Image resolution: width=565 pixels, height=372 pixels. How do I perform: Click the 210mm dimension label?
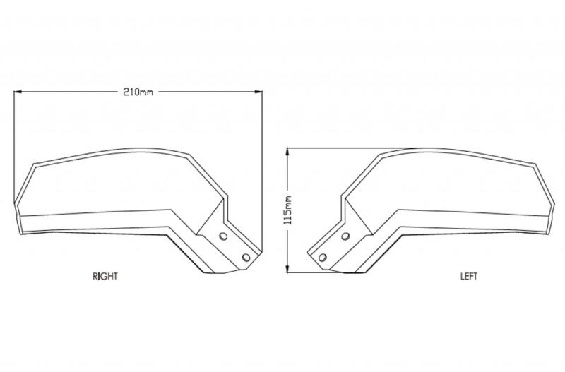(x=138, y=92)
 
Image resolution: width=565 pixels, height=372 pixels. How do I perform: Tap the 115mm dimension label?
(x=287, y=210)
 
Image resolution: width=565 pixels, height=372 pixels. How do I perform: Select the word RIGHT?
(x=105, y=276)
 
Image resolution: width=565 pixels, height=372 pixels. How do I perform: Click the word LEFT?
(x=469, y=276)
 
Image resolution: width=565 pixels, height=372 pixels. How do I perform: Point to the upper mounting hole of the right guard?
(x=223, y=236)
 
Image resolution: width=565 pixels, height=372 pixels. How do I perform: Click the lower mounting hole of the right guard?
(x=246, y=258)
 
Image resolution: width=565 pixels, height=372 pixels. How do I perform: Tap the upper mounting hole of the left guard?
(x=345, y=236)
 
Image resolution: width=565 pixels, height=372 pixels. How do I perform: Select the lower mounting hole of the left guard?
(x=323, y=258)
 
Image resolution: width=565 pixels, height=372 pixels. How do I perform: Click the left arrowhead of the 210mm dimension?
(x=18, y=92)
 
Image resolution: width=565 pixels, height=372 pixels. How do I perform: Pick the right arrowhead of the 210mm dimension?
(x=258, y=92)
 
